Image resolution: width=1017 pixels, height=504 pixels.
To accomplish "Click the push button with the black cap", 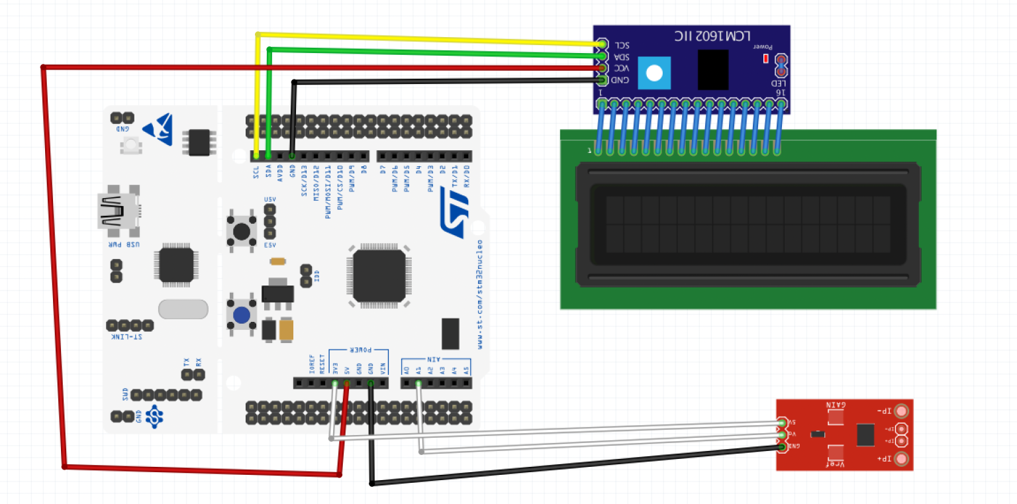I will point(242,231).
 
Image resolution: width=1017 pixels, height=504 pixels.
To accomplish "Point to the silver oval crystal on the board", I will point(183,309).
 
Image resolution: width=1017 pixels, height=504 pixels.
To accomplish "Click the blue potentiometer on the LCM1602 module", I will point(654,73).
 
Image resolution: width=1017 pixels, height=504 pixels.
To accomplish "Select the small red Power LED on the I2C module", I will point(766,58).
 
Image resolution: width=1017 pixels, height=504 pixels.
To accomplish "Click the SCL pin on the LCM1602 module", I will point(602,44).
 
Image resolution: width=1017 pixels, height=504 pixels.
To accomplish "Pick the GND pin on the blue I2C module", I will point(602,80).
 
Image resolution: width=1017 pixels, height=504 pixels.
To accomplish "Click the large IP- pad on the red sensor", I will point(900,411).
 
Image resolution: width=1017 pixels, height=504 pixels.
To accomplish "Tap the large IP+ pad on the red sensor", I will point(900,459).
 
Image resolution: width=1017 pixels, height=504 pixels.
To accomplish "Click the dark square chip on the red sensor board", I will point(865,434).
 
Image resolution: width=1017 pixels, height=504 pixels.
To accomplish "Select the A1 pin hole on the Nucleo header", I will point(418,383).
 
